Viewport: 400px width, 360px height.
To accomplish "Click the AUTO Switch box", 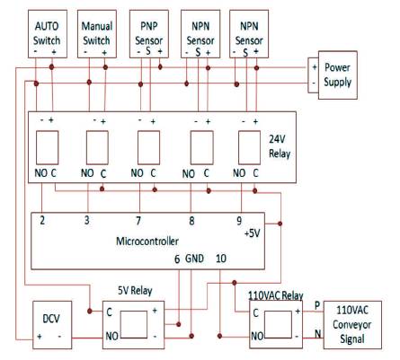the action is pos(48,34).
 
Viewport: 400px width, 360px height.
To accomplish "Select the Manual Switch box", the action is pos(97,34).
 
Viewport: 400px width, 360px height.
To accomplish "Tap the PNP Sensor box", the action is pos(149,34).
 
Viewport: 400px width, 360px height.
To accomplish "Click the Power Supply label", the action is pos(337,75).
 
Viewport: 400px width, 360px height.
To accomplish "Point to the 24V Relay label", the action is pos(280,146).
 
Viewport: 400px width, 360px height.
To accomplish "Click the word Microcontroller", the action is pos(147,241).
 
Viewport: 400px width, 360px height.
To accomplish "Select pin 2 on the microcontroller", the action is pos(42,220).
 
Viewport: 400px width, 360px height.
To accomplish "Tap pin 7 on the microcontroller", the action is pos(138,221).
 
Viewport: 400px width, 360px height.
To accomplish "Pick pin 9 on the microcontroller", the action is pos(239,221).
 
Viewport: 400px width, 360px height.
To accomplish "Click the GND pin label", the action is pos(194,259).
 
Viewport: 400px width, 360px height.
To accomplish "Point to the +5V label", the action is pos(253,233).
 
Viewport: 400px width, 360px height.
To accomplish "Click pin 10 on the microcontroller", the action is pos(221,259).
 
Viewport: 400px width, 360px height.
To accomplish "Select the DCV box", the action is pos(52,325).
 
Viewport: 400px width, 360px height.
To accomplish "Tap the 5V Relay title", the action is pos(135,290).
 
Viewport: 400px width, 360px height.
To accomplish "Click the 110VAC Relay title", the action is pos(276,295).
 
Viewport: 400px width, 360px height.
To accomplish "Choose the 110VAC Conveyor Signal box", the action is pos(352,325).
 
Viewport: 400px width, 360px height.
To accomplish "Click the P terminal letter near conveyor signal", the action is pos(317,305).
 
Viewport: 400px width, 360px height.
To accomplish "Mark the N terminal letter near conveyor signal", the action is pos(318,333).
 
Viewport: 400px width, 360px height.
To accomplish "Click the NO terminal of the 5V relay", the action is pos(111,336).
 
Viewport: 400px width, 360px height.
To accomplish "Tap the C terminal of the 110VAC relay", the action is pos(255,313).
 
